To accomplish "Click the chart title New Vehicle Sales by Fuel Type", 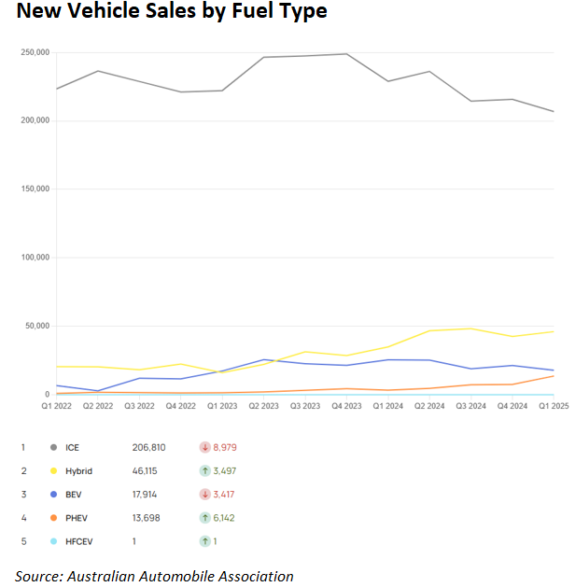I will click(172, 13).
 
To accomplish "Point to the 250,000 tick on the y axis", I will click(35, 52).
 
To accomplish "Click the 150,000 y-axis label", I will click(35, 189).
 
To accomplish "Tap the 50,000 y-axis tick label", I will click(38, 327).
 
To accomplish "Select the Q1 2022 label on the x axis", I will click(57, 406).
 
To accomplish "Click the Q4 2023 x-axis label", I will click(346, 406).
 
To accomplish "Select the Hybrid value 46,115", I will click(153, 471).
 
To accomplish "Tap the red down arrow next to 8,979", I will click(204, 448).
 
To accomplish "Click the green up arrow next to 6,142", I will click(204, 518).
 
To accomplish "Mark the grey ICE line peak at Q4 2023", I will click(346, 53).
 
